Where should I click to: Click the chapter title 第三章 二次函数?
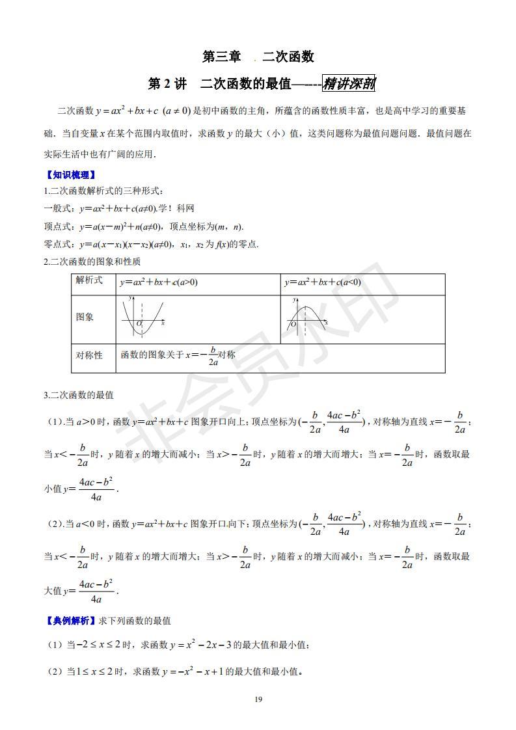pyautogui.click(x=258, y=57)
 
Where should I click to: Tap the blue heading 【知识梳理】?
pyautogui.click(x=70, y=175)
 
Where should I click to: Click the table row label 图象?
pyautogui.click(x=85, y=318)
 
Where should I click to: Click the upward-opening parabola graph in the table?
pyautogui.click(x=143, y=317)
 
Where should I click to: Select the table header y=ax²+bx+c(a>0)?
pyautogui.click(x=159, y=282)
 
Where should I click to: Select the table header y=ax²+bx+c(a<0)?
pyautogui.click(x=323, y=282)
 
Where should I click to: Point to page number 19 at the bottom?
pyautogui.click(x=258, y=699)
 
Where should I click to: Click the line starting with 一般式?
pyautogui.click(x=118, y=209)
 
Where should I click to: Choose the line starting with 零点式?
pyautogui.click(x=151, y=245)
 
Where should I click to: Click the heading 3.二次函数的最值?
pyautogui.click(x=79, y=395)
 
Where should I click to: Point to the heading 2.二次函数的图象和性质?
pyautogui.click(x=92, y=262)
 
